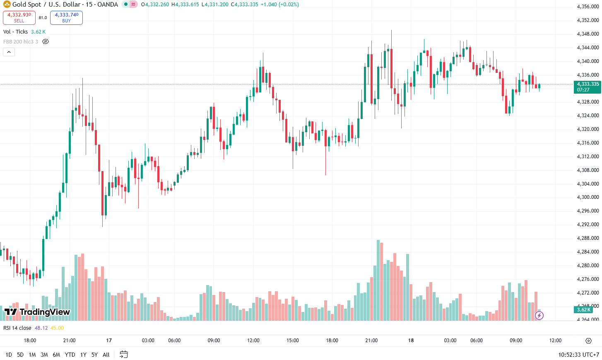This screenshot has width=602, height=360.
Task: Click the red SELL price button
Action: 19,17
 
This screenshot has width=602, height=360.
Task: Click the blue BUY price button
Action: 66,17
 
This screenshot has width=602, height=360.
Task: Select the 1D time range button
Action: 9,355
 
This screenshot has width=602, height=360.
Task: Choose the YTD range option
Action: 70,355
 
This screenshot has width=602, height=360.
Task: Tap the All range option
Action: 106,355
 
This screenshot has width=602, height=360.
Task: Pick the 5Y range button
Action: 94,355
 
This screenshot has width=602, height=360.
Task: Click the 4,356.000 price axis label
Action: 588,7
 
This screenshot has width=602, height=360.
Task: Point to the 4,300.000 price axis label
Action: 588,197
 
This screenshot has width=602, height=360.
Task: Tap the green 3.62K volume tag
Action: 584,310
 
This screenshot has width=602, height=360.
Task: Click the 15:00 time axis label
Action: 293,341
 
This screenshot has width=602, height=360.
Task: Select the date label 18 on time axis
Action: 411,341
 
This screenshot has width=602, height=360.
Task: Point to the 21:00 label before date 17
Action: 69,341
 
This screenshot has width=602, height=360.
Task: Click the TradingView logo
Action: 37,312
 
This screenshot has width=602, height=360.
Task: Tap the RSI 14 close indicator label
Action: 17,328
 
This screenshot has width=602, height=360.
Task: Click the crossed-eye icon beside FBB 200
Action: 46,41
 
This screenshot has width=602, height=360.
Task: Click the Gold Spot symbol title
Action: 26,5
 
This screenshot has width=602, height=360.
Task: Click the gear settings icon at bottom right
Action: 588,341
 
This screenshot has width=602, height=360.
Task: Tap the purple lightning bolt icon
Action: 539,316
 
